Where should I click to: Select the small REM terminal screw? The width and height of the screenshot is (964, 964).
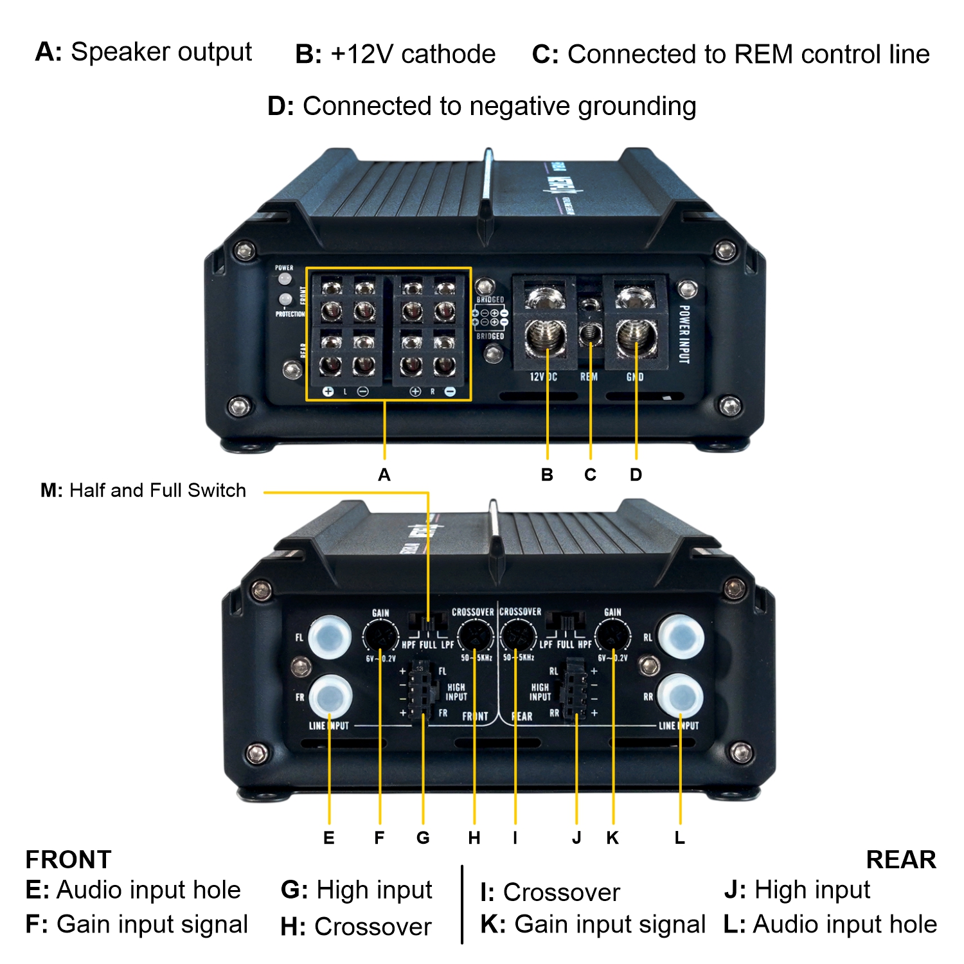(591, 333)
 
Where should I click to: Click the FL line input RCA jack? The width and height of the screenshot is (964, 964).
(330, 636)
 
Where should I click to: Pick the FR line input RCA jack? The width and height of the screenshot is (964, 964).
(330, 695)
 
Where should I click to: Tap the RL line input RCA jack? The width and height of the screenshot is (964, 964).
(681, 636)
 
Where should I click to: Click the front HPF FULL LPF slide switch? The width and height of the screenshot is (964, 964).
(428, 621)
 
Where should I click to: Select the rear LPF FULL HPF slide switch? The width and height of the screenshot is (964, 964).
(566, 621)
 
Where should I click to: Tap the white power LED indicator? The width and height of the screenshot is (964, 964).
(284, 279)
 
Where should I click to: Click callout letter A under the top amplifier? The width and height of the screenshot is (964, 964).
(384, 475)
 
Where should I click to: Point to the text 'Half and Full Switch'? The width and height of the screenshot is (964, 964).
(157, 490)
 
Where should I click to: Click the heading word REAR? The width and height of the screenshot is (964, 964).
(901, 860)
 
